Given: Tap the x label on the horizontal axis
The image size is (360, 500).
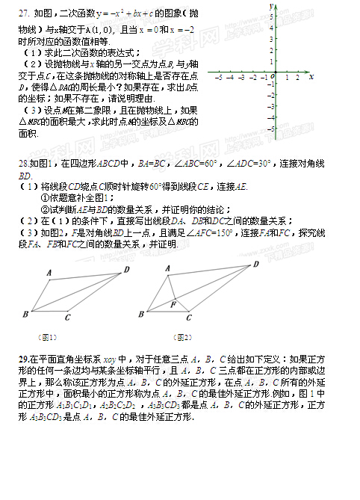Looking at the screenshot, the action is click(x=309, y=76).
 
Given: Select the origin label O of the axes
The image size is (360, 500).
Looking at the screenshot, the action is click(x=273, y=77).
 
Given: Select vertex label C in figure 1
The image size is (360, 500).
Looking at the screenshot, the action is click(x=66, y=318).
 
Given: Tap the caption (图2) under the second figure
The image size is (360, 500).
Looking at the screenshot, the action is click(x=181, y=336).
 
